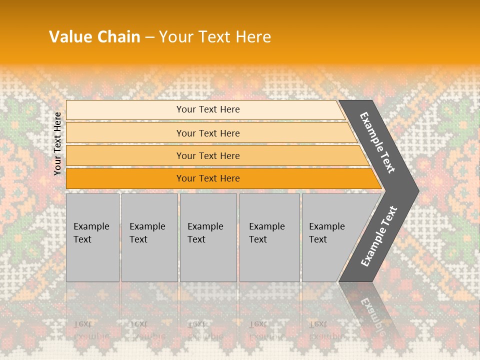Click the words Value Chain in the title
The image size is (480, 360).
(94, 36)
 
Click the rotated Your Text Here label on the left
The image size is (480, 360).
(57, 143)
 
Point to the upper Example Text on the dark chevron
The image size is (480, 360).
(377, 142)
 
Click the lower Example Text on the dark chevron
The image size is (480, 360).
(379, 236)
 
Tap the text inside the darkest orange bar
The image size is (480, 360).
(208, 178)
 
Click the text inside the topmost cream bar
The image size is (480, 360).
(208, 109)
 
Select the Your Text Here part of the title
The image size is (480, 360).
(215, 36)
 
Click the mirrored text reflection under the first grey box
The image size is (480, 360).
(91, 330)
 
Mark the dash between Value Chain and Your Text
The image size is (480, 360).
(149, 37)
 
